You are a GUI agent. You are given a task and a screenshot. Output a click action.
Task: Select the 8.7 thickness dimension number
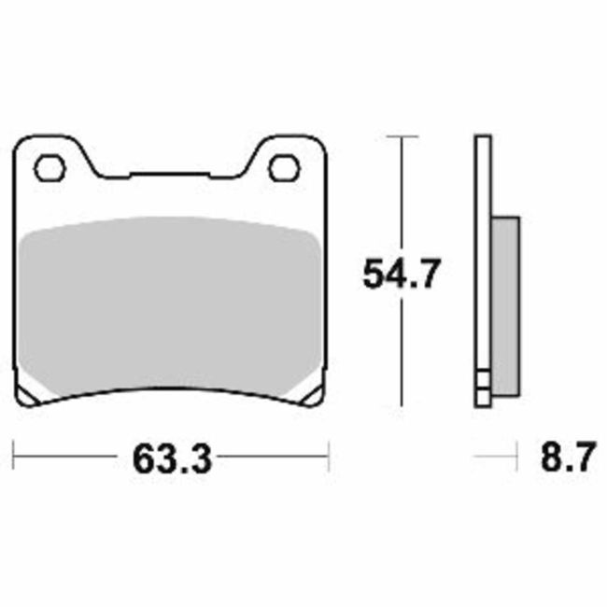click(x=565, y=459)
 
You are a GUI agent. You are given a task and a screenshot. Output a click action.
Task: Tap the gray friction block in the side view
click(x=504, y=299)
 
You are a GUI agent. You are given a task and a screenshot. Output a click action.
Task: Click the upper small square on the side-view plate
click(x=482, y=381)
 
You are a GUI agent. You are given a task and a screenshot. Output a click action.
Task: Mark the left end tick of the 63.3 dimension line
click(x=16, y=458)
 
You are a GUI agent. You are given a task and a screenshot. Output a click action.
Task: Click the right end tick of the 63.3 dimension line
click(x=329, y=458)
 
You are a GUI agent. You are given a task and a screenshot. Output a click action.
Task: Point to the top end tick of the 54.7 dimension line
click(x=401, y=136)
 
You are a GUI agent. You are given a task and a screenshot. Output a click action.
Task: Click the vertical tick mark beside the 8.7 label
click(x=518, y=458)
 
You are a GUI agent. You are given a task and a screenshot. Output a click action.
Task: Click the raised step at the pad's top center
click(x=169, y=175)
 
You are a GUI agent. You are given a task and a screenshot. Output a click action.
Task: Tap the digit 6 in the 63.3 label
click(x=146, y=459)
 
